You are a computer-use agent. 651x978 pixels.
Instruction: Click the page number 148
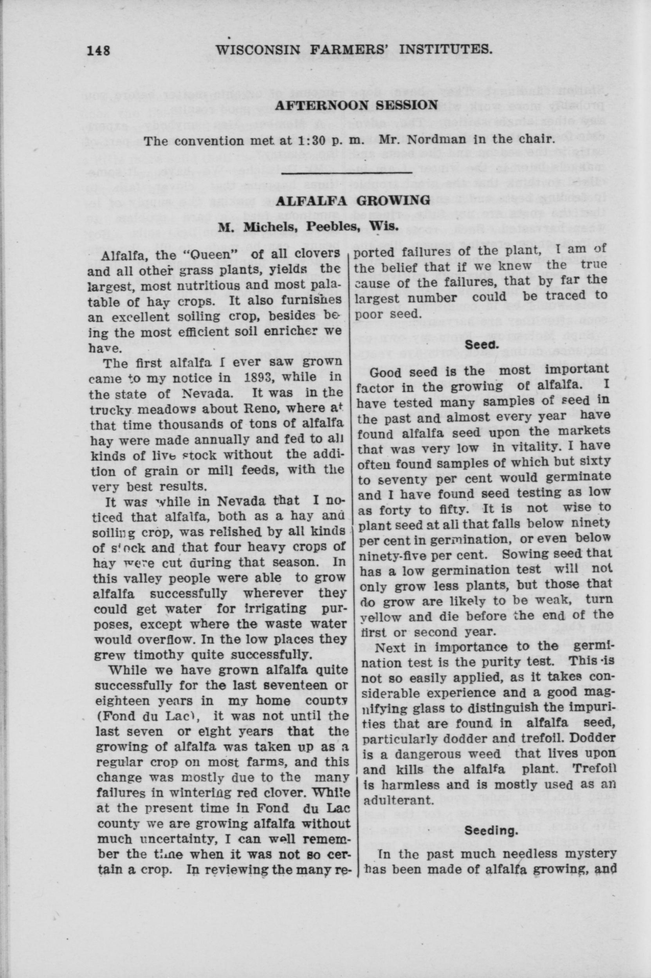99,51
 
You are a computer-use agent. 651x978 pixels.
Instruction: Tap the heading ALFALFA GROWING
353,201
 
